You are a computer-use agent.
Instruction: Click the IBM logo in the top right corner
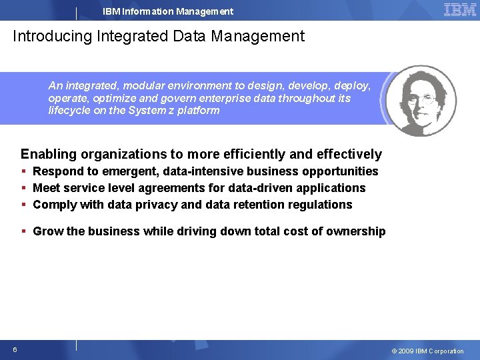[x=460, y=10]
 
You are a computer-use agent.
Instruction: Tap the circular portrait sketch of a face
[x=421, y=100]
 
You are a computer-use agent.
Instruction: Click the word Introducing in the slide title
[x=51, y=36]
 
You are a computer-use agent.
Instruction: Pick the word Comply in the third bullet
[x=55, y=205]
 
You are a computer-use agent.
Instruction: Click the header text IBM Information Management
[x=168, y=11]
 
